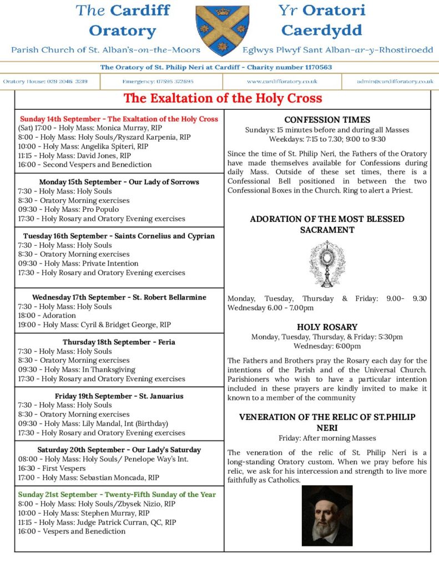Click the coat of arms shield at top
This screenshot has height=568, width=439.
[x=222, y=31]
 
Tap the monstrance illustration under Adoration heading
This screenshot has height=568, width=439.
[x=327, y=264]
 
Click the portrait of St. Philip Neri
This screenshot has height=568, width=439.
[x=327, y=515]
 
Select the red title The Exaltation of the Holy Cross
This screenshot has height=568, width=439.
[x=223, y=99]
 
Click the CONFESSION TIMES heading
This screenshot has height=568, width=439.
[x=327, y=120]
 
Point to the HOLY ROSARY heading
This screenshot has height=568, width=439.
[x=327, y=327]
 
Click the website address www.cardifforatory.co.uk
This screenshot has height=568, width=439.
[x=282, y=82]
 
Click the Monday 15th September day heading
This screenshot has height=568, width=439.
[x=119, y=182]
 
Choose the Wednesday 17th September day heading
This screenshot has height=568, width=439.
[x=119, y=297]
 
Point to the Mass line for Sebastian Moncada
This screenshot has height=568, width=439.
[x=89, y=477]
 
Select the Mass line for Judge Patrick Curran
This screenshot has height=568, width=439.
[x=97, y=522]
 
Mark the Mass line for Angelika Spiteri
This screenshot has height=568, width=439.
[x=83, y=146]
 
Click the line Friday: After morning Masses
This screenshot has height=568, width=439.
[x=327, y=438]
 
